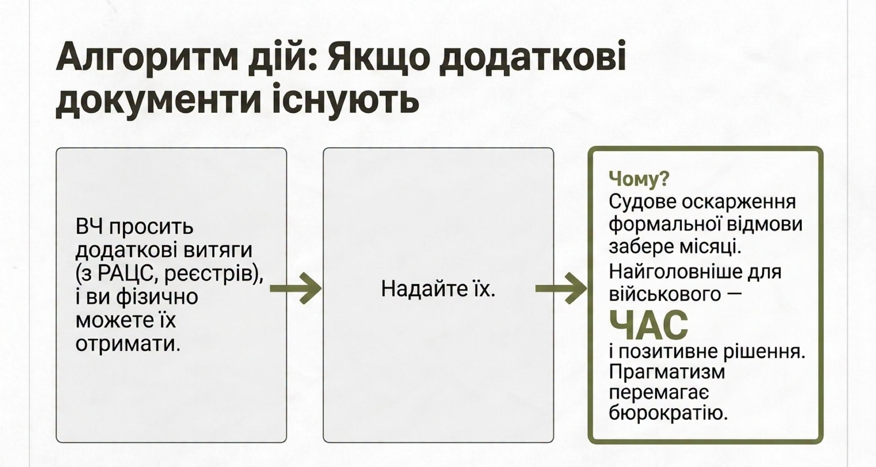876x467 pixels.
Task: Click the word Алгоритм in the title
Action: (x=147, y=57)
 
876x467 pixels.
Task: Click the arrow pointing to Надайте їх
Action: (x=296, y=289)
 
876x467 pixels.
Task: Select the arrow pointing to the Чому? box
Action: (x=561, y=289)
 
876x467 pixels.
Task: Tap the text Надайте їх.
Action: (x=438, y=289)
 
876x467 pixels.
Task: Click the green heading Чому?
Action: (x=639, y=179)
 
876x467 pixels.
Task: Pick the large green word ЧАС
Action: (x=648, y=325)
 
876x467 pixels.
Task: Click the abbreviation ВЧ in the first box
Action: (x=89, y=227)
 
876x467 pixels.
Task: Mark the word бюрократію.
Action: (x=668, y=413)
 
